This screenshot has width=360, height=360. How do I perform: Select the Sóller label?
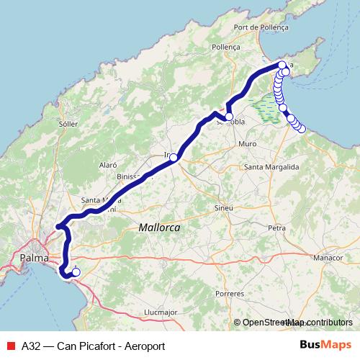[68, 123]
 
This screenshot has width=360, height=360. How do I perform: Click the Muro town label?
[247, 144]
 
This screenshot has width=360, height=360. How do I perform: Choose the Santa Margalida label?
[271, 167]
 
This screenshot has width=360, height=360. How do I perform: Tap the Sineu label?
[225, 207]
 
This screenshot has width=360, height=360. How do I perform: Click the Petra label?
[276, 228]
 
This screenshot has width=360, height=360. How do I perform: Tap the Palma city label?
[35, 257]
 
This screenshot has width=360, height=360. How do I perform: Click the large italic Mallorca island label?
[158, 228]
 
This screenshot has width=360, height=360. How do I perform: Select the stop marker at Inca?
[173, 156]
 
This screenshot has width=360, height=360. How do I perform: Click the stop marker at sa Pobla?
[229, 117]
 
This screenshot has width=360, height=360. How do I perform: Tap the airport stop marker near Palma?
[76, 272]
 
